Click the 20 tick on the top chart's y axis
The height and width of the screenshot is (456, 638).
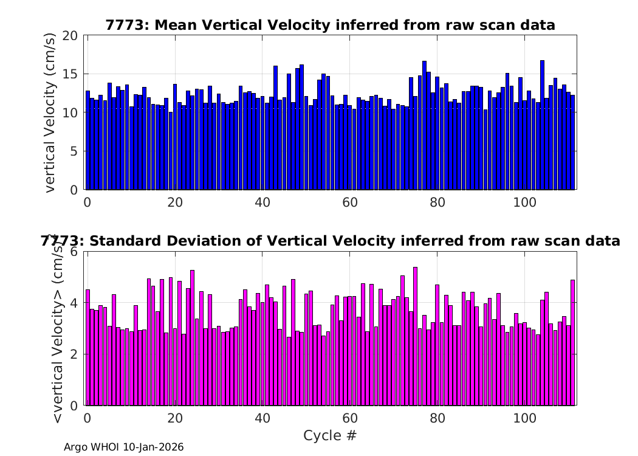click(70, 36)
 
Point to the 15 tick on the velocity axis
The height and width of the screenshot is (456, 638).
click(70, 74)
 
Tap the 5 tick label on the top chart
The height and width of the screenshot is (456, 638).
click(74, 151)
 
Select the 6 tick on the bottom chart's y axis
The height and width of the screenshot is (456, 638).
click(74, 252)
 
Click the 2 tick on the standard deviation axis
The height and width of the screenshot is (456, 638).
click(74, 354)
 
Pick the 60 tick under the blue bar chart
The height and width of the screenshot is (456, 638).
click(350, 202)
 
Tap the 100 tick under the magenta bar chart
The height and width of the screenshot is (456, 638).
click(525, 418)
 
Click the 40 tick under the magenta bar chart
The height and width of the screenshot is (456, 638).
click(262, 418)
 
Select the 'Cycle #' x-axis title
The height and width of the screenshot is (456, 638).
click(330, 435)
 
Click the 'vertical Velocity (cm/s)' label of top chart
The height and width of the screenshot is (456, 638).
click(50, 112)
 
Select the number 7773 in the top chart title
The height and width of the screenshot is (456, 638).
click(124, 26)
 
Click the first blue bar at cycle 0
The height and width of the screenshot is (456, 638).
click(88, 140)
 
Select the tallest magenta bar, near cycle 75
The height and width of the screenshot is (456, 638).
click(416, 336)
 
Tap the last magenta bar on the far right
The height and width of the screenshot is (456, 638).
click(573, 343)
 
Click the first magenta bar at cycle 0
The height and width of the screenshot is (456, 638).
click(88, 348)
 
